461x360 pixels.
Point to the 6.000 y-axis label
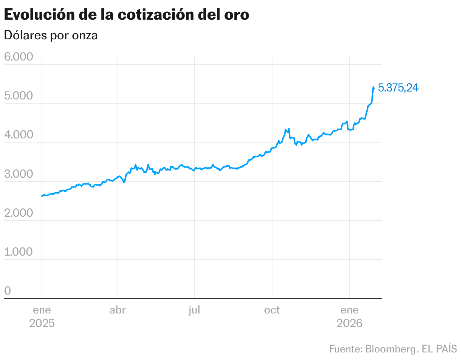pos(19,57)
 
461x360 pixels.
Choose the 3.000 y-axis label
pos(19,174)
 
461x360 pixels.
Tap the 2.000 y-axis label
pos(19,213)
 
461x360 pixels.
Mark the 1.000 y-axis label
pos(19,252)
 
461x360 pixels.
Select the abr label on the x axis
pos(118,310)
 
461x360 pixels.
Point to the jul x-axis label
pos(195,310)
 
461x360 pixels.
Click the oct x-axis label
pos(272,310)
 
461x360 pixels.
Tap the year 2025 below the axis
pos(42,324)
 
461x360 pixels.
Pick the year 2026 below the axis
pos(350,324)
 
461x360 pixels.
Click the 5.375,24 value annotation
pos(398,88)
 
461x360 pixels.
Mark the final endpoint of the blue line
pos(374,88)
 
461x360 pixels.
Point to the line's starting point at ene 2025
pos(42,196)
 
